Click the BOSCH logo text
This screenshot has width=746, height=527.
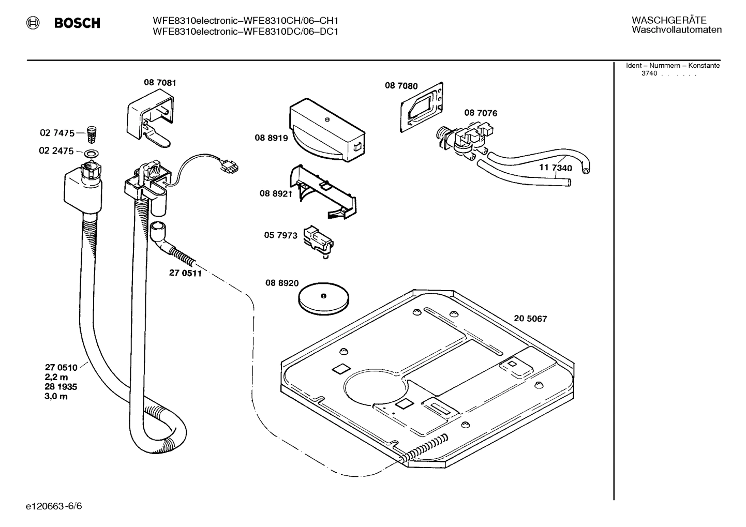tap(77, 23)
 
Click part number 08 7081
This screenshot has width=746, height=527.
tap(160, 82)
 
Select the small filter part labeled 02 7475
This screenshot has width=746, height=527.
tap(92, 133)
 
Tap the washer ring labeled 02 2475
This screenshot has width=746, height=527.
tap(92, 153)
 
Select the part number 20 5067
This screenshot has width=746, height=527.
tap(530, 319)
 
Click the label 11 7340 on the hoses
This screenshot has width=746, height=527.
tap(556, 168)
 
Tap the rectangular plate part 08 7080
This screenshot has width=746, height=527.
tap(422, 108)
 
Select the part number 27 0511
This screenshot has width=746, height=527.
tap(185, 273)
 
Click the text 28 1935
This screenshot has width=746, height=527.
tap(61, 387)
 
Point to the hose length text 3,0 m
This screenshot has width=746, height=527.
tap(56, 397)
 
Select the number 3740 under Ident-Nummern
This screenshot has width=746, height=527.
tap(649, 73)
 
